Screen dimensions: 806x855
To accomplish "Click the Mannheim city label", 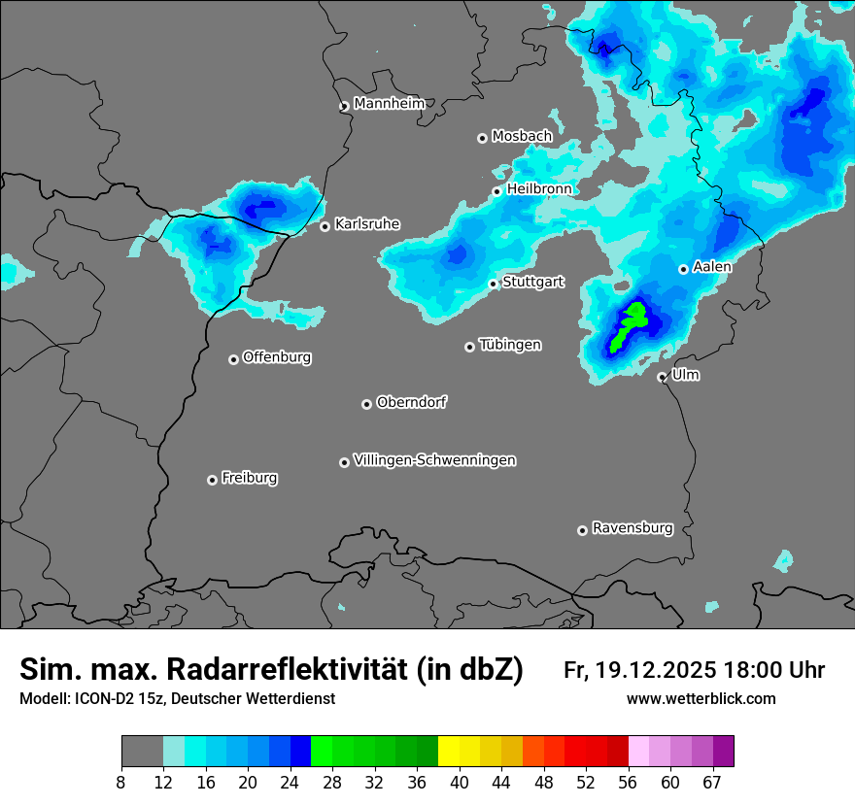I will click(390, 103).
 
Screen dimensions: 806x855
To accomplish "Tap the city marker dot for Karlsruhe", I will click(325, 226).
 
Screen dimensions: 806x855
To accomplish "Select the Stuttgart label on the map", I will click(533, 282).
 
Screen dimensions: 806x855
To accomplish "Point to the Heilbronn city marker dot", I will click(497, 191).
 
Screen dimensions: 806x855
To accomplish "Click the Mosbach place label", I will click(522, 136).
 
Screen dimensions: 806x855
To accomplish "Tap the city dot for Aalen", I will click(684, 269).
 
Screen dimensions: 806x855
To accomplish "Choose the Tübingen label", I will click(510, 345).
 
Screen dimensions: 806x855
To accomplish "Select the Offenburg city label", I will click(277, 356).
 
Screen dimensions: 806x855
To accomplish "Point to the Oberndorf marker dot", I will click(367, 404).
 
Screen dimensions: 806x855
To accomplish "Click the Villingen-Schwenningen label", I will click(435, 459).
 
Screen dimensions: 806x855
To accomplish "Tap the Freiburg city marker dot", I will click(213, 480).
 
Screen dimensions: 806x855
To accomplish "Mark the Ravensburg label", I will click(633, 528).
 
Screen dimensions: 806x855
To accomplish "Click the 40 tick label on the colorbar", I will click(460, 782).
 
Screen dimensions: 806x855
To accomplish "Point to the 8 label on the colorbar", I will click(120, 782).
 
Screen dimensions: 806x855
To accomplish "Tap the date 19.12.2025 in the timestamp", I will click(656, 670).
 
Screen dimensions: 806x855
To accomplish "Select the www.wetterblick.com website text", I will click(701, 699).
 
